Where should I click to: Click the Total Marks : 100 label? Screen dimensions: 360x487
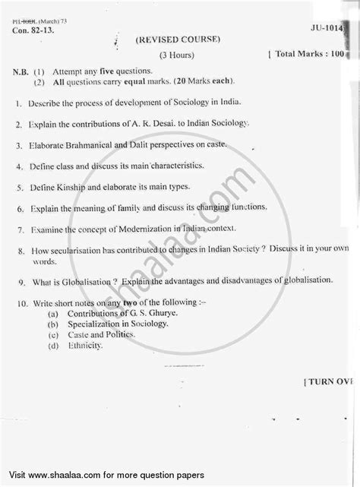coord(309,55)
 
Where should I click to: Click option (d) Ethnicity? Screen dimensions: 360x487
coord(82,346)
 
